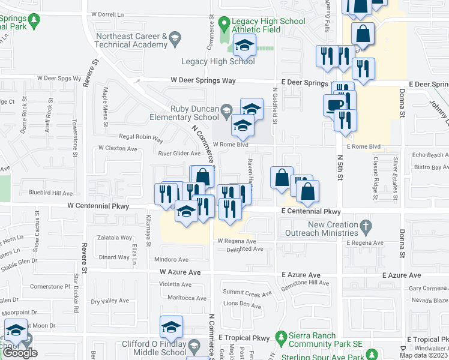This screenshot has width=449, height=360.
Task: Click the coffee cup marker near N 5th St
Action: [334, 105]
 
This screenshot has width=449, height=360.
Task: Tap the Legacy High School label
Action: [218, 61]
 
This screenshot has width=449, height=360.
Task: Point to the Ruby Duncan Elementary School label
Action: [182, 112]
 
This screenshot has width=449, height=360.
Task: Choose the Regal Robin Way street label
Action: [141, 138]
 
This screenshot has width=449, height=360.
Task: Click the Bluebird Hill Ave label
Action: [50, 193]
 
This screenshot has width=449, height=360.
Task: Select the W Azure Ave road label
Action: [179, 272]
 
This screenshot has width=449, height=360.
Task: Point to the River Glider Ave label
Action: [179, 154]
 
